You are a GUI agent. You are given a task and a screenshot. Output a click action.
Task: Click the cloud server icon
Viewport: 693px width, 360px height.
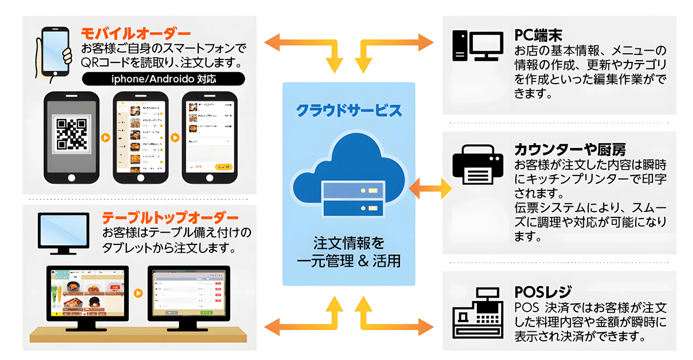[349, 177]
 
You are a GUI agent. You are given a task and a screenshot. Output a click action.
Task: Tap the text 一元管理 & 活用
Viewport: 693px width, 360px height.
[349, 261]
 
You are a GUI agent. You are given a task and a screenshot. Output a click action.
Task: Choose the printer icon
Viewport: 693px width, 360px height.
[476, 167]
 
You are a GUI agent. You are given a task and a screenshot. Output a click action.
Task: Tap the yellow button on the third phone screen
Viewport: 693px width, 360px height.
[223, 167]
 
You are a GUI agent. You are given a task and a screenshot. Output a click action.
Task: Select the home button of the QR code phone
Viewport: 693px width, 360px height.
[71, 178]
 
